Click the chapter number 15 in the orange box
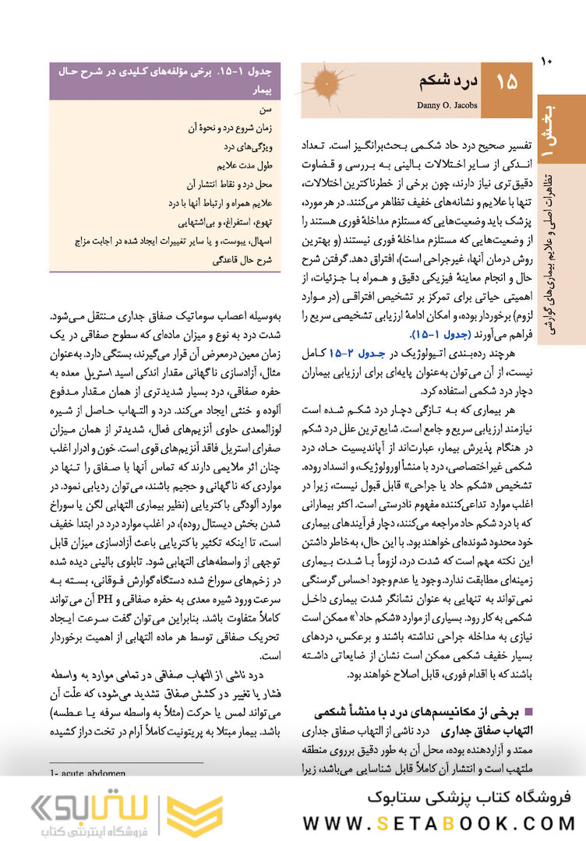point(506,82)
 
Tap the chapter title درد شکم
point(443,81)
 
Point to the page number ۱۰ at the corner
point(545,60)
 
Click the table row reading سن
point(266,111)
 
